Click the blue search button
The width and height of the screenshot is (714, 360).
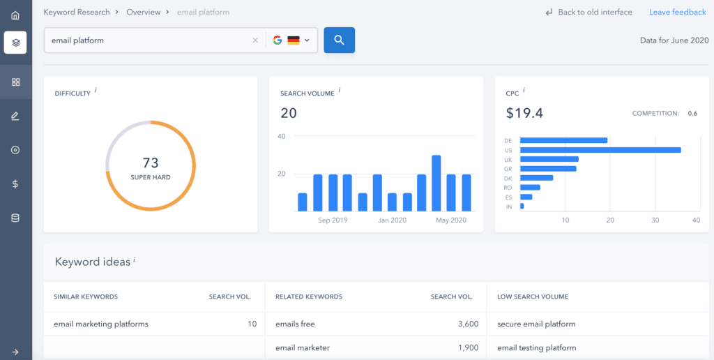click(340, 40)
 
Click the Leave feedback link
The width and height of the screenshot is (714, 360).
click(677, 13)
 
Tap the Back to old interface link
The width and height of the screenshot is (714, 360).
click(588, 13)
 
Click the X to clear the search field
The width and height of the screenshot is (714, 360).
click(255, 40)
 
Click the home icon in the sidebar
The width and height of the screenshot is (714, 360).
click(15, 15)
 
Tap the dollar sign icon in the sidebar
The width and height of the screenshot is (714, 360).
click(15, 184)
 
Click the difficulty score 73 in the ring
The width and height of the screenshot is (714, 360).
click(151, 163)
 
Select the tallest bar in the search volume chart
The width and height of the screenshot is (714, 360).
click(436, 183)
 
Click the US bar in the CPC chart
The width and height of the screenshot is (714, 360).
click(600, 150)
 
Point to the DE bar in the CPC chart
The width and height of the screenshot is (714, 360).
click(563, 140)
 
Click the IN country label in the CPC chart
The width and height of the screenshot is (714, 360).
click(508, 207)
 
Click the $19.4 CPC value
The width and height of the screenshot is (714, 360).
click(524, 113)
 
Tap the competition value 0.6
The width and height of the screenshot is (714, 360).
click(692, 114)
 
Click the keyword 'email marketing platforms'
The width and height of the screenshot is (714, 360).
click(101, 324)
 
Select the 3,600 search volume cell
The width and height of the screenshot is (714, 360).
click(469, 324)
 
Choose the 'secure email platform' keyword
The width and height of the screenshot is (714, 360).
click(536, 324)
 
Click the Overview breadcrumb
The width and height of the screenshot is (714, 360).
click(143, 13)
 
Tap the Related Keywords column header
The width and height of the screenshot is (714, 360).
click(309, 297)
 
